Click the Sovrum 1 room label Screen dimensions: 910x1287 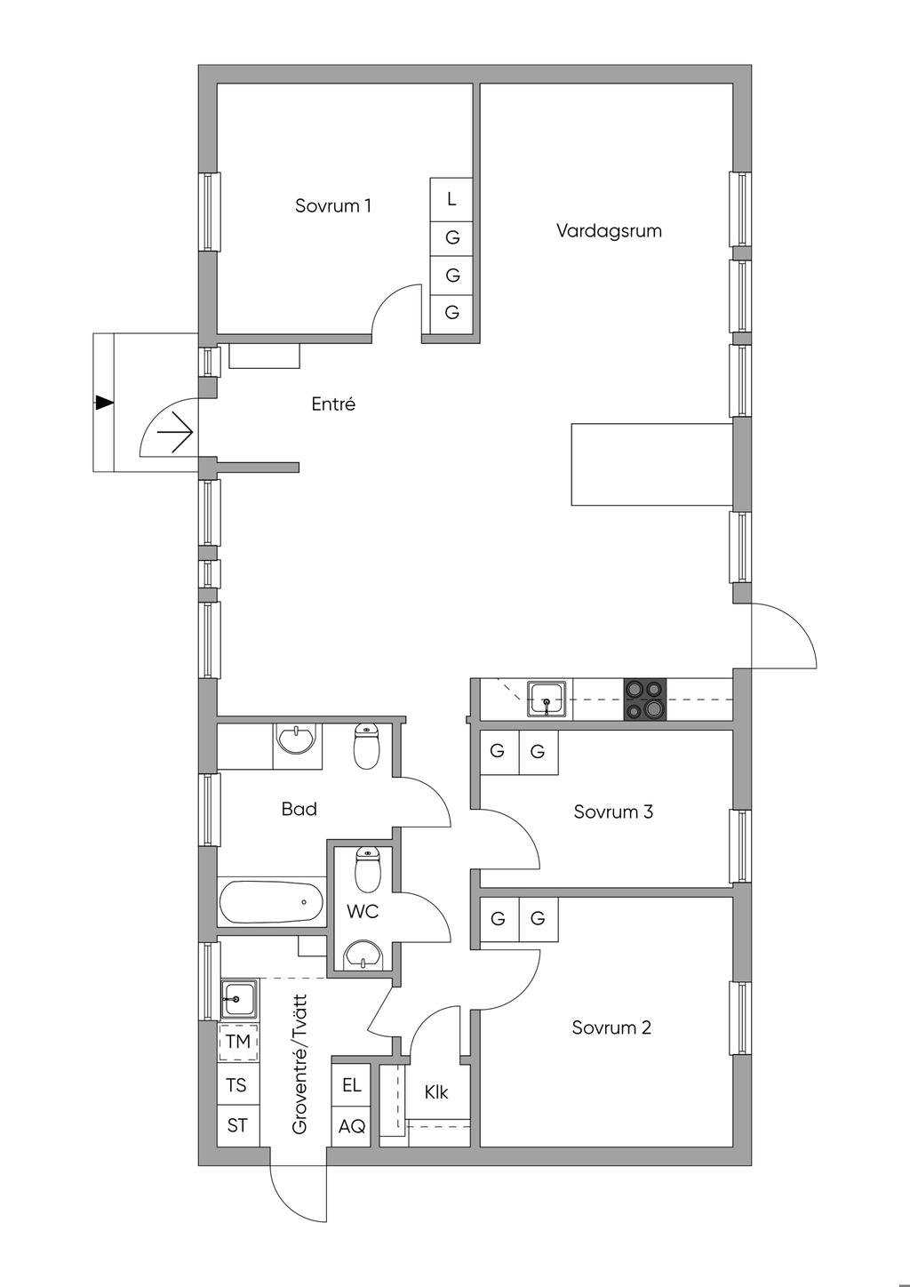333,206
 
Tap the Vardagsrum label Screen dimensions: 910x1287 609,231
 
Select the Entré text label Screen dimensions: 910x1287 333,404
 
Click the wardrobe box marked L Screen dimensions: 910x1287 451,199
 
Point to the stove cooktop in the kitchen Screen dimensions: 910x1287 645,699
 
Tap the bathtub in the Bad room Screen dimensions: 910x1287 271,902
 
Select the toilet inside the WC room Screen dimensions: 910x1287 368,869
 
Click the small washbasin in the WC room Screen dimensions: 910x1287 363,955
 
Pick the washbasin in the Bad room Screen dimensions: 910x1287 295,739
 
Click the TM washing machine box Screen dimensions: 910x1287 237,1041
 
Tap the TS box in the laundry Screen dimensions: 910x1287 236,1085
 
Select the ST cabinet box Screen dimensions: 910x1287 237,1125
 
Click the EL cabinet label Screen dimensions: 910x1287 351,1085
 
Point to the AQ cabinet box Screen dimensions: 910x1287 351,1126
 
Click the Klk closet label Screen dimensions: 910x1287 436,1092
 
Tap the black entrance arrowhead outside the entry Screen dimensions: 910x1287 105,403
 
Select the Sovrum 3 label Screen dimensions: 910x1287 613,811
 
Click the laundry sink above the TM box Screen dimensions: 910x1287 239,998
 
